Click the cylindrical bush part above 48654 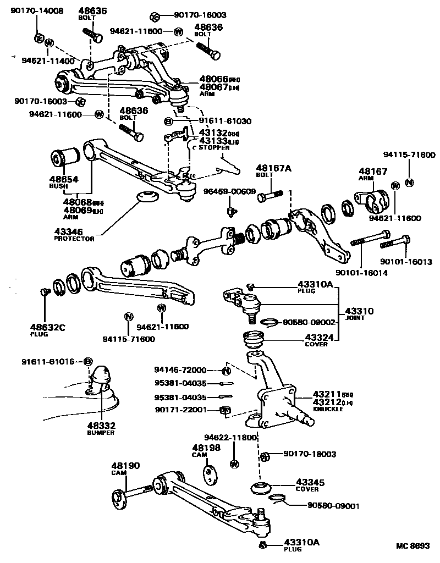pos(67,158)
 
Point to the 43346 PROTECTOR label pos(74,235)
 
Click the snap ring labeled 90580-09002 pos(269,322)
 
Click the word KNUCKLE pos(328,409)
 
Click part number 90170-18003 pos(310,455)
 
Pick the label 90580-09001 pos(333,506)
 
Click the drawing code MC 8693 pos(413,546)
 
